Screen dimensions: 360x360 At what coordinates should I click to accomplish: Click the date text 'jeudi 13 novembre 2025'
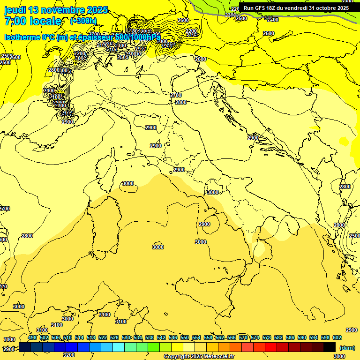(x=56, y=10)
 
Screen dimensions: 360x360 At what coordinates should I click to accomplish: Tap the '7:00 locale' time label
(x=33, y=21)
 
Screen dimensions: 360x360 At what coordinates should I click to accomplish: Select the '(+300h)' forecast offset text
(x=83, y=21)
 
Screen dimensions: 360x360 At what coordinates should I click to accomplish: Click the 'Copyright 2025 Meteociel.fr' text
(x=199, y=357)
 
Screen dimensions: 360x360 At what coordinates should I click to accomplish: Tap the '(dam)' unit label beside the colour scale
(x=347, y=347)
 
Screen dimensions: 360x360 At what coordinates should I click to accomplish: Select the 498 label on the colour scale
(x=32, y=337)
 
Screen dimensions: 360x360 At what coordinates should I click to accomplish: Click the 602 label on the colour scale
(x=337, y=337)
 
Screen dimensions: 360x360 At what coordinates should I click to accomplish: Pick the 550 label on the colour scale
(x=185, y=337)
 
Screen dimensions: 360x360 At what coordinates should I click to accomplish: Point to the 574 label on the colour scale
(x=255, y=337)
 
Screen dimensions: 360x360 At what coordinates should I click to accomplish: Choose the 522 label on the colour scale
(x=103, y=337)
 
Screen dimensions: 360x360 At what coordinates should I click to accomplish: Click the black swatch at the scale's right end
(x=330, y=347)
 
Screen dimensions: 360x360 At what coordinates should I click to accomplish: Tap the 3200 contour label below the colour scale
(x=68, y=355)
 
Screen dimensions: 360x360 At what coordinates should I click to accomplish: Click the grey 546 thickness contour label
(x=269, y=18)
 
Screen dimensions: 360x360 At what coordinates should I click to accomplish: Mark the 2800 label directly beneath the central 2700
(x=180, y=102)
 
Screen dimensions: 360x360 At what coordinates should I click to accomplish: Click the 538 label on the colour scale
(x=150, y=337)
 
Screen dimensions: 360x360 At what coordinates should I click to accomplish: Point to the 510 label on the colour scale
(x=67, y=337)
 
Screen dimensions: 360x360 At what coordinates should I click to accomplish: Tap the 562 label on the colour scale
(x=220, y=337)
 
